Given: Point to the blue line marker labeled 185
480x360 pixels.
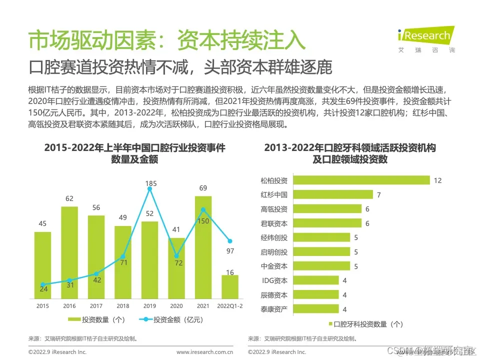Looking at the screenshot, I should coord(149,188).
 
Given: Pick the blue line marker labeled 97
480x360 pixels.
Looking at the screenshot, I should coord(229,241).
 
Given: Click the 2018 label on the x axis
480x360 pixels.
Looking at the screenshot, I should coord(122,305).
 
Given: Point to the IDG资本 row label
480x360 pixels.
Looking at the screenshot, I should coord(274,280).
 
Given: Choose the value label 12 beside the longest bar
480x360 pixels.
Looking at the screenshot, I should coord(437,180).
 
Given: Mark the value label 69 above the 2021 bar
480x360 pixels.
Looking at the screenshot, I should coord(203,188).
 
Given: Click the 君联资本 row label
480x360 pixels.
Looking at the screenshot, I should coord(274,223).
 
